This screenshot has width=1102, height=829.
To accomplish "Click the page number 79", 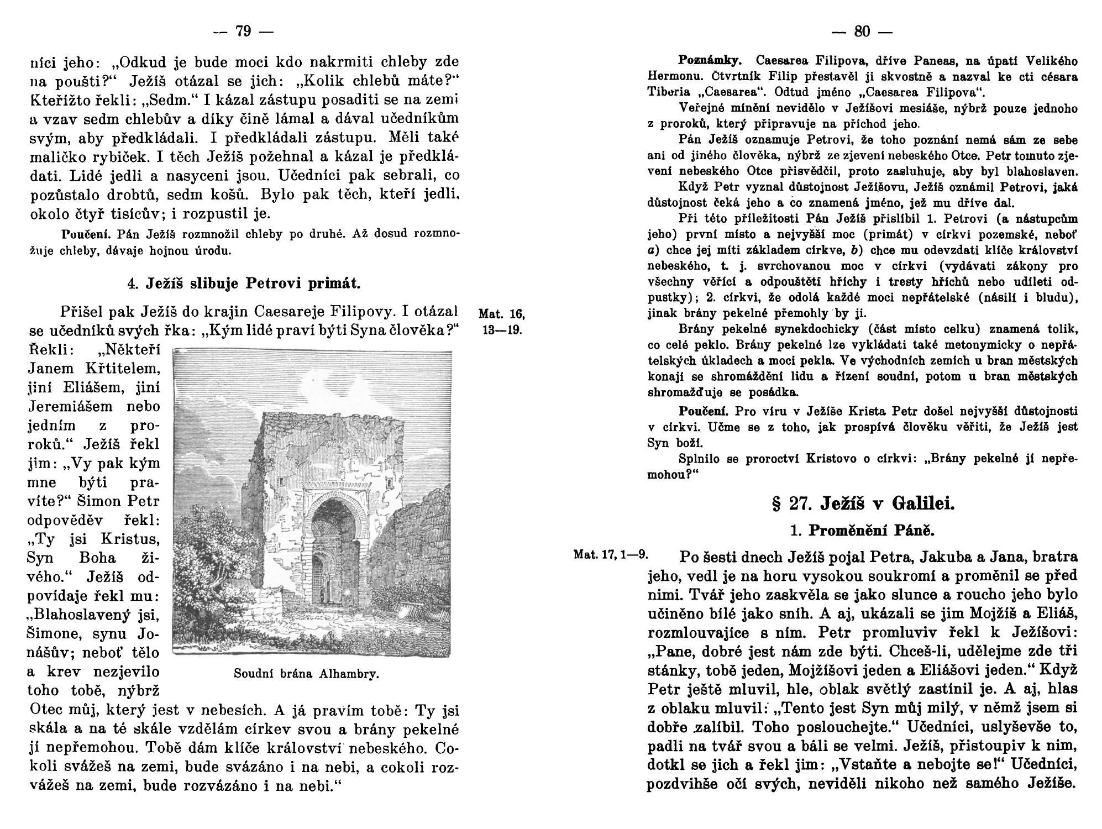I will tap(243, 32).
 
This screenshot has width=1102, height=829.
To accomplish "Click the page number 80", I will tap(862, 32).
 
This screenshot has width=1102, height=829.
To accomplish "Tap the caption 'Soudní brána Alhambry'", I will tap(306, 674).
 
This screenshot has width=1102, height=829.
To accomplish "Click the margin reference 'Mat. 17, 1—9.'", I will tap(611, 554).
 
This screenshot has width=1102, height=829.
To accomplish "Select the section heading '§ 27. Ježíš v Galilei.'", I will tap(862, 504).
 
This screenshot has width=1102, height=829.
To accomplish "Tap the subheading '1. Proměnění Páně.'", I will tap(862, 531).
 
